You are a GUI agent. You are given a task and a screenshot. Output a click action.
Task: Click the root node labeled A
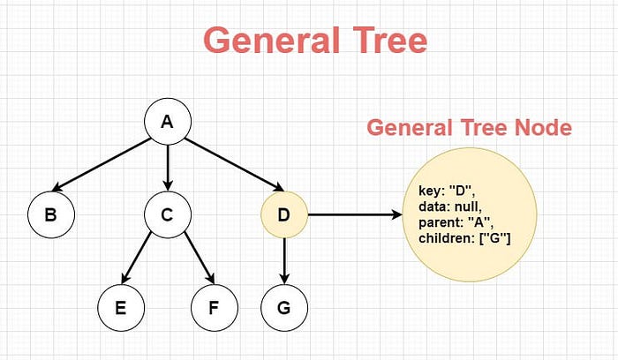coord(168,121)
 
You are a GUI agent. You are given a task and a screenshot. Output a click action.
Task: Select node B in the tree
coord(51,214)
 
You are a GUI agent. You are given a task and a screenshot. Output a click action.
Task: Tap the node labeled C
coord(168,214)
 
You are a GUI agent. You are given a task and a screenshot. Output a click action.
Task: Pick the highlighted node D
coord(284,214)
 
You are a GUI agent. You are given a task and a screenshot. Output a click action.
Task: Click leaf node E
coord(121,308)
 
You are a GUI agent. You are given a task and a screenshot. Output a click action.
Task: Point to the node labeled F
coord(215,308)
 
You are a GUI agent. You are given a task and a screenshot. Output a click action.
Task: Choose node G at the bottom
coord(284,308)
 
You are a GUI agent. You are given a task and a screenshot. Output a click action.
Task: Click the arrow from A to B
coord(101,165)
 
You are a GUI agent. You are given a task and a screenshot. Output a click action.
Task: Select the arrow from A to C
coord(168,169)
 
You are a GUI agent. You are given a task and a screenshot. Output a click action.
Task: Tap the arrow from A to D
coord(234,165)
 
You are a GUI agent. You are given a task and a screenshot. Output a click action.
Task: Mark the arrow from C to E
coord(136,258)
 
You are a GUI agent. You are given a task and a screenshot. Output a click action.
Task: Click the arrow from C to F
coord(200,258)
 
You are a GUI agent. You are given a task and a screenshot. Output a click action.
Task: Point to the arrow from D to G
coord(284,261)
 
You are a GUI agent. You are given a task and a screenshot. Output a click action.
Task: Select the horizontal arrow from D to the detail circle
coord(355,214)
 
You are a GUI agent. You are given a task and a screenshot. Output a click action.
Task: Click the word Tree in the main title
coord(390,41)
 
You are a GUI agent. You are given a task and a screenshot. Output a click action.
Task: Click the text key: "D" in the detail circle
coord(447,191)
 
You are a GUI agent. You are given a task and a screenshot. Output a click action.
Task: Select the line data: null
coord(450,206)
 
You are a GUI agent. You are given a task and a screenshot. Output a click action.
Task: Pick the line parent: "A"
coord(456,222)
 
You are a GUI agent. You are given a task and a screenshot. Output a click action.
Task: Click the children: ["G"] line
coord(464,238)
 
